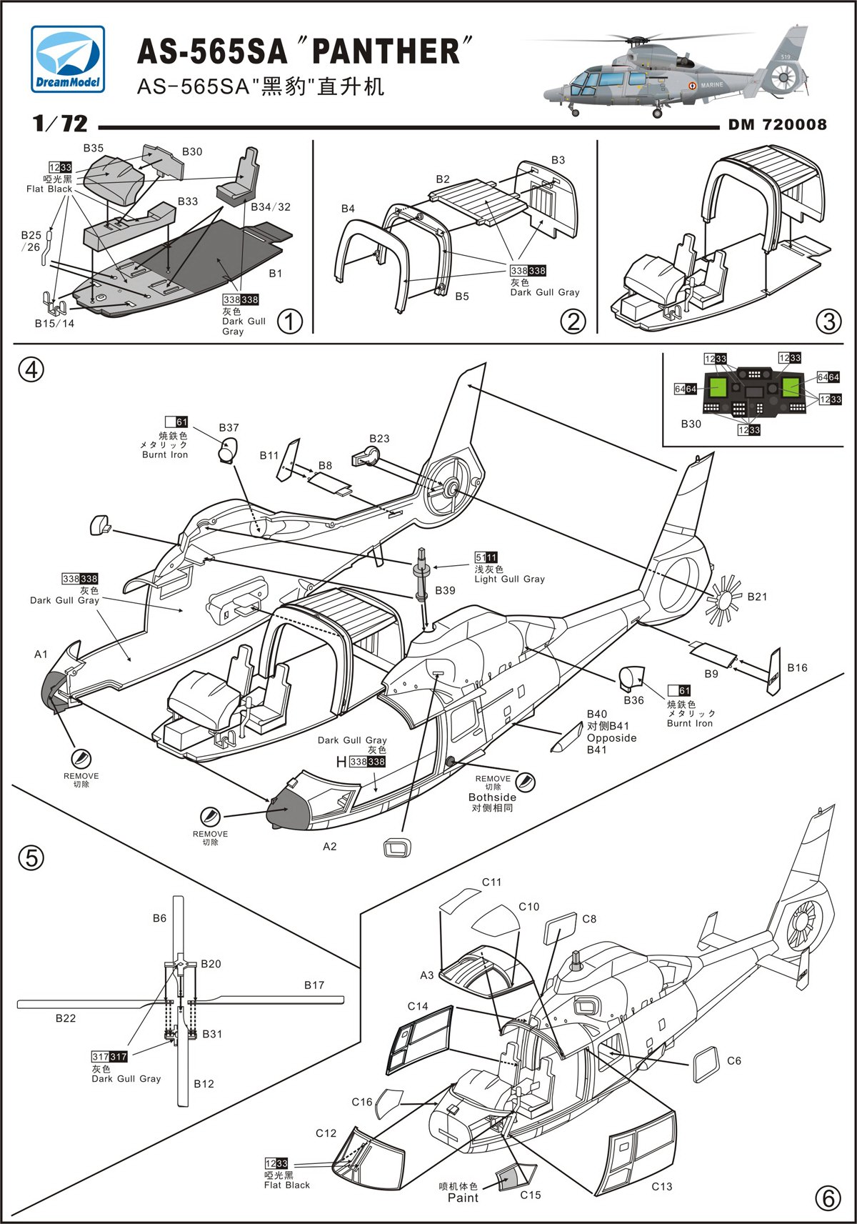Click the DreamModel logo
(68, 59)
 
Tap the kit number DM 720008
(777, 124)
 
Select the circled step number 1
(289, 322)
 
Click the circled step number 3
(828, 322)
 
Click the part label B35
(94, 148)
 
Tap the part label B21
(757, 596)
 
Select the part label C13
(662, 1186)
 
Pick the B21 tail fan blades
(724, 599)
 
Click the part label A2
(329, 847)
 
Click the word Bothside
(492, 797)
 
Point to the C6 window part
(706, 1065)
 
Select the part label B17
(314, 985)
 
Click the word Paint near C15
(463, 1198)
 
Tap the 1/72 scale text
(61, 124)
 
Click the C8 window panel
(560, 929)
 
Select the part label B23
(379, 438)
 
